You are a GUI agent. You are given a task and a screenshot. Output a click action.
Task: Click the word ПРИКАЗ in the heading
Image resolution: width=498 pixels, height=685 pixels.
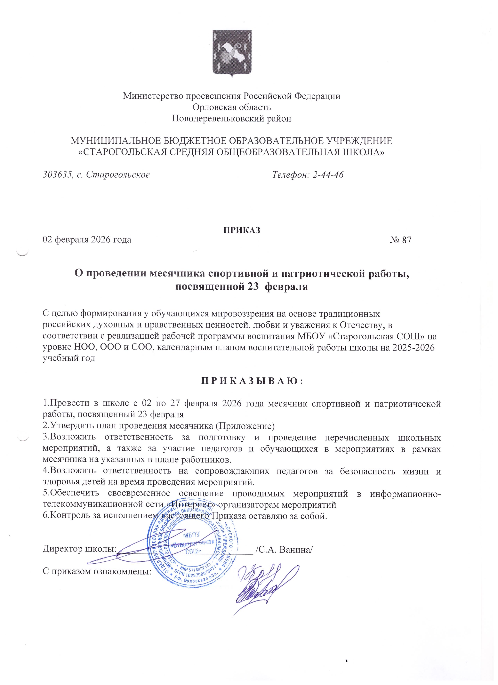[242, 230]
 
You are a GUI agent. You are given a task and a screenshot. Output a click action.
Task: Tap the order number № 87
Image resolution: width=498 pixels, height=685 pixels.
[401, 240]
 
